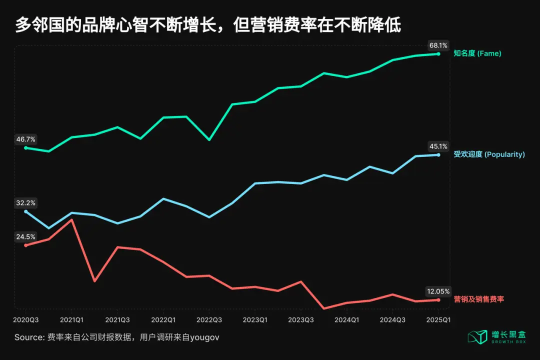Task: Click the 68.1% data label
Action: [438, 45]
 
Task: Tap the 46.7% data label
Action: [26, 139]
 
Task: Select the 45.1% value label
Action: [438, 146]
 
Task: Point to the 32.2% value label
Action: [26, 203]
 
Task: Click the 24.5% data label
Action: [26, 236]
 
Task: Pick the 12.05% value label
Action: [438, 291]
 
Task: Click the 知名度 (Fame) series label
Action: [477, 53]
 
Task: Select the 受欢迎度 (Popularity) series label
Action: [489, 154]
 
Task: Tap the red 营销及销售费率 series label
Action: [478, 299]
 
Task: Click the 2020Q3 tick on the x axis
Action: [26, 319]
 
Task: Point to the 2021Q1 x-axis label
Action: [71, 319]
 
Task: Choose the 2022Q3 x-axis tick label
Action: [209, 319]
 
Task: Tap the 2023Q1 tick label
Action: [255, 319]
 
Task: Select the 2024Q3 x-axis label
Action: [392, 319]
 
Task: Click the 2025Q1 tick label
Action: [438, 319]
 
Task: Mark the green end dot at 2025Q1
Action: [438, 53]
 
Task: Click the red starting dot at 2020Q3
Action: [26, 245]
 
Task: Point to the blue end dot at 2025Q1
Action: [438, 155]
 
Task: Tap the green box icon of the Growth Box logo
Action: [477, 336]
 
